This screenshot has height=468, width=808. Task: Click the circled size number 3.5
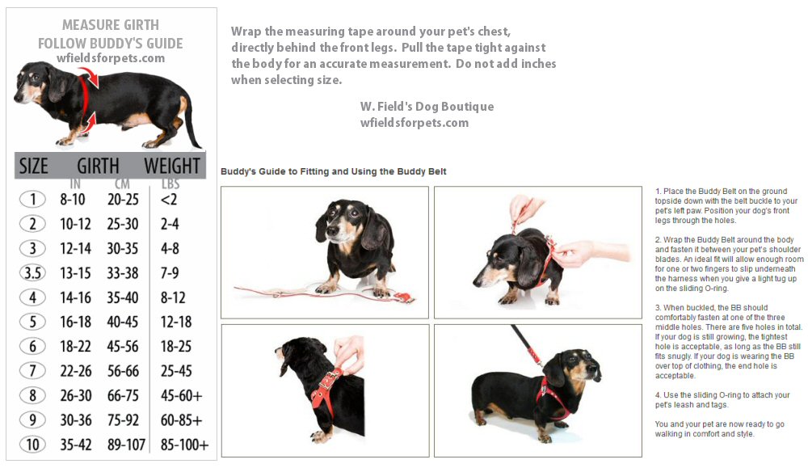click(32, 272)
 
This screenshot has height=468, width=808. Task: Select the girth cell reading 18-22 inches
click(75, 347)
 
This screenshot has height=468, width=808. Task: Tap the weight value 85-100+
click(184, 445)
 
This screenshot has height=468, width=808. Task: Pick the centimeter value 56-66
click(123, 371)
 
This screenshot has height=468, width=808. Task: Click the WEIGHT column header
click(172, 166)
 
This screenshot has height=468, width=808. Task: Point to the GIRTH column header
click(98, 166)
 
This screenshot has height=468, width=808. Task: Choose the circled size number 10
click(32, 445)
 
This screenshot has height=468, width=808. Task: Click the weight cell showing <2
click(169, 200)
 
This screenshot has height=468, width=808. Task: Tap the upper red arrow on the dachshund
click(90, 78)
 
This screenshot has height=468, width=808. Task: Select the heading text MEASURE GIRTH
click(111, 25)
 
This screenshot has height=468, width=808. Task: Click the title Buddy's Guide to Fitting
click(334, 171)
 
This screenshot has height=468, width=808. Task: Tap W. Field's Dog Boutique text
click(427, 106)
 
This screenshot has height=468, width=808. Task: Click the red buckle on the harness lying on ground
click(403, 297)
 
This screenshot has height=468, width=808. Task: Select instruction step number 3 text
click(729, 342)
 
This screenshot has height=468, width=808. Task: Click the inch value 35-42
click(76, 445)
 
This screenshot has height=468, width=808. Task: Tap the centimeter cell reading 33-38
click(123, 272)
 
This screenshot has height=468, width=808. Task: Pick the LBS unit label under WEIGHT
click(170, 184)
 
